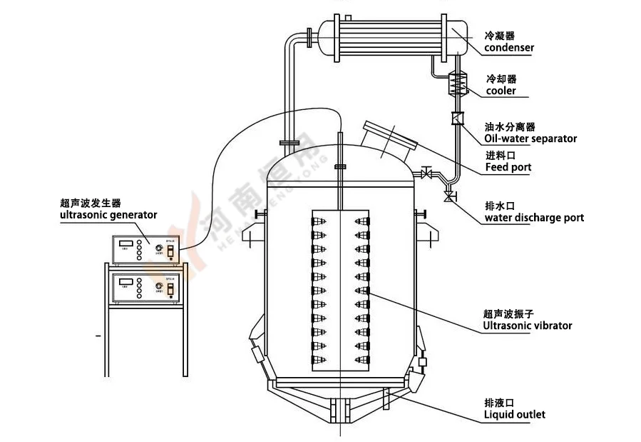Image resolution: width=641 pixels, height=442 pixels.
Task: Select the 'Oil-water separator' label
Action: click(x=530, y=139)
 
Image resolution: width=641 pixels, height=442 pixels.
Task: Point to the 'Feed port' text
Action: click(x=508, y=168)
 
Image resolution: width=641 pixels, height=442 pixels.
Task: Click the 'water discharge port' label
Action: click(x=534, y=217)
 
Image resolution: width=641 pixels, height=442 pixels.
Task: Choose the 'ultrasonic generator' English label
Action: click(x=108, y=214)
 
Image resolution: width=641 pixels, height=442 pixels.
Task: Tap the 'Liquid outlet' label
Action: click(x=515, y=413)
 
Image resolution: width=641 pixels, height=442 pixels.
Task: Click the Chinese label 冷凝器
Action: click(x=499, y=35)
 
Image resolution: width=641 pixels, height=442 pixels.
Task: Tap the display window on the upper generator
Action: click(x=126, y=243)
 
